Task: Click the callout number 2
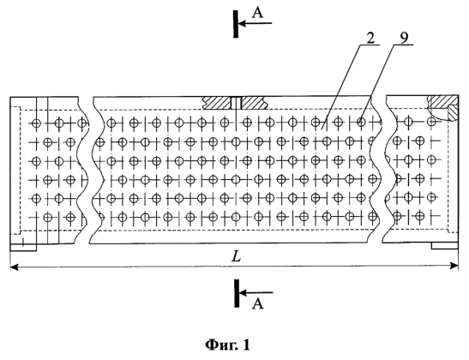(370, 38)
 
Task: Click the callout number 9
(405, 38)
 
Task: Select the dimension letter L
(237, 256)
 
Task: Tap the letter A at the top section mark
(257, 13)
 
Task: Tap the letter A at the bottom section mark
(258, 303)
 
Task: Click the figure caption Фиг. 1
(227, 345)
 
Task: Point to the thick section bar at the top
(236, 24)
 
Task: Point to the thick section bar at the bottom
(237, 293)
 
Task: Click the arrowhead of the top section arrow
(243, 23)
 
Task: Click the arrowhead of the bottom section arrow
(244, 292)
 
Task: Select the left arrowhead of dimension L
(14, 266)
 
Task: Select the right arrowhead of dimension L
(454, 265)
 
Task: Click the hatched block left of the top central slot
(217, 103)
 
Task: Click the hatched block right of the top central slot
(255, 103)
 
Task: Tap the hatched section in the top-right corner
(444, 106)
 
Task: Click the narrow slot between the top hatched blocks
(236, 103)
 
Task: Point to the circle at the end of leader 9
(361, 122)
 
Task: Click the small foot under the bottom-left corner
(23, 248)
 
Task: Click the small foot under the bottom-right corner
(445, 246)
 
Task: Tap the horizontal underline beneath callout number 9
(403, 45)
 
